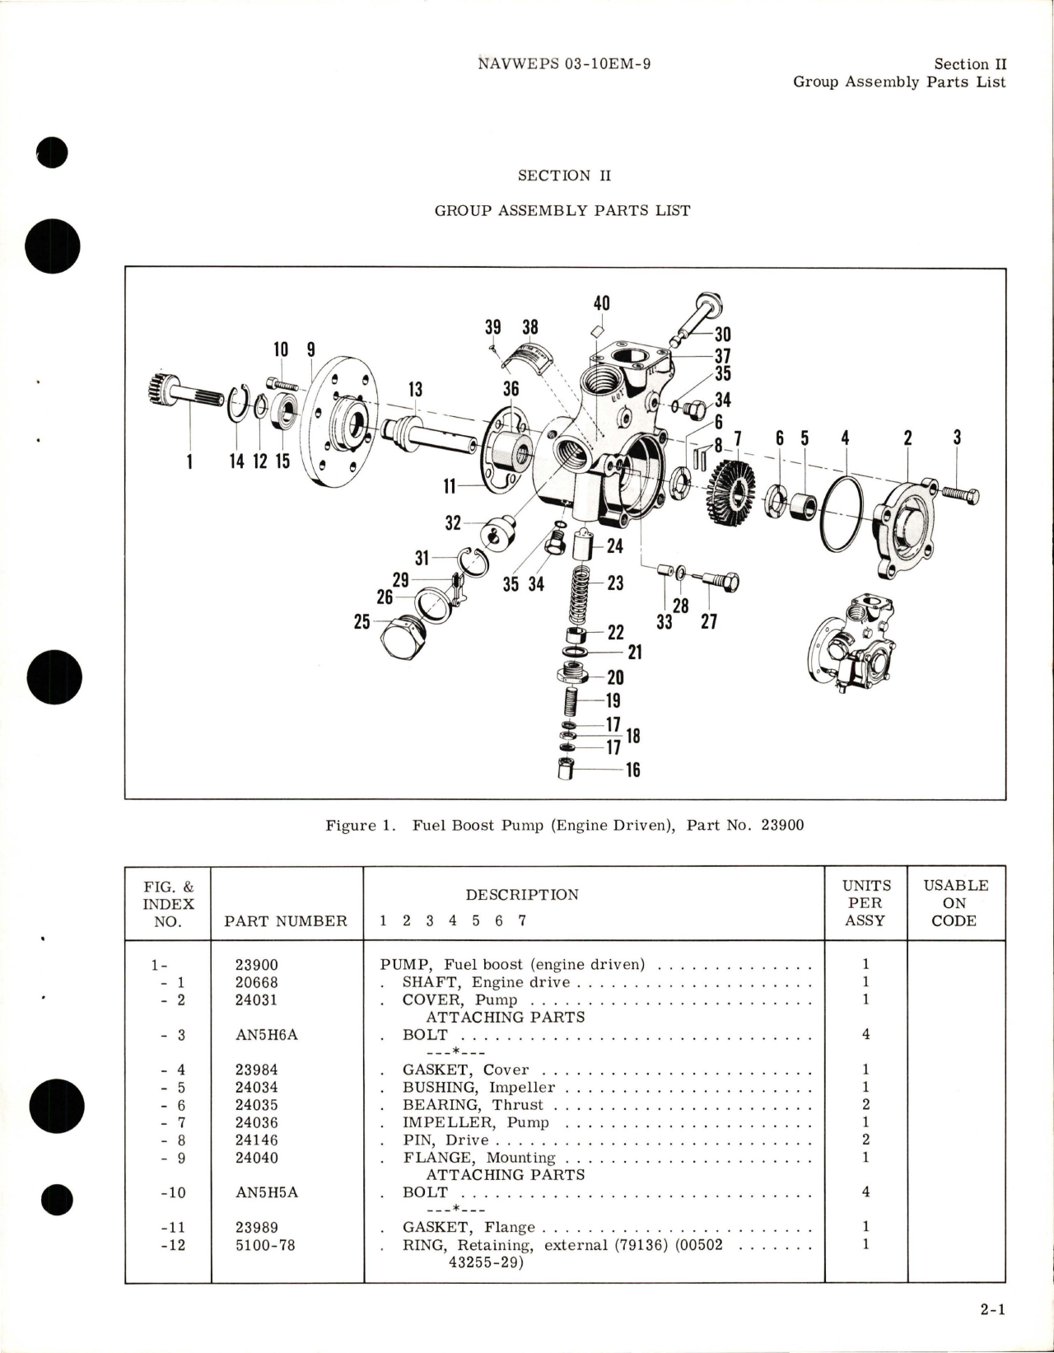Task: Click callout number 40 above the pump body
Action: (x=601, y=303)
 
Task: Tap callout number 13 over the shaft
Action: (x=415, y=389)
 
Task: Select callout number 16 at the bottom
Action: (x=632, y=770)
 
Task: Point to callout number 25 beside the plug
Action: (x=361, y=622)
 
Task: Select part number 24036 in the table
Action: (x=256, y=1122)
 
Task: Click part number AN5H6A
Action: (x=266, y=1034)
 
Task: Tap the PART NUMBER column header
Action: (x=285, y=920)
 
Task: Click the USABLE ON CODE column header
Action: (x=955, y=902)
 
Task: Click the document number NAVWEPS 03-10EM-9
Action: (x=564, y=63)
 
